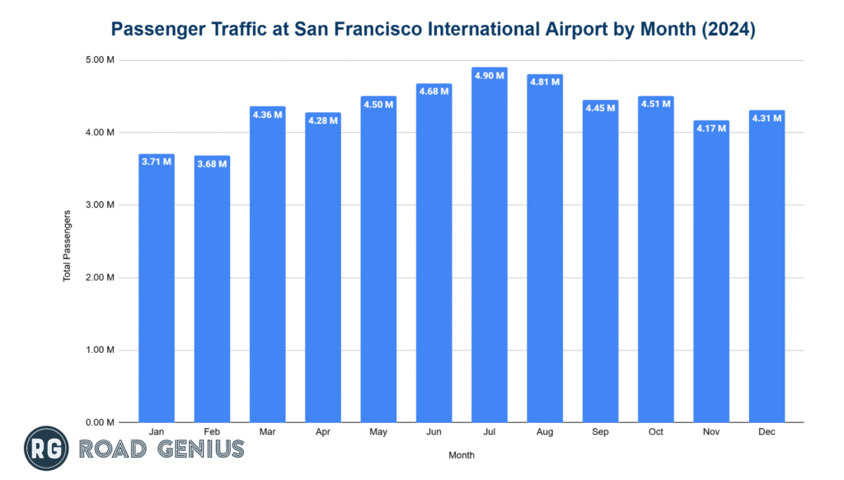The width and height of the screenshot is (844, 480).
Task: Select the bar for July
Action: pos(490,247)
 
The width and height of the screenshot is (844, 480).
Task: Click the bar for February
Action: pos(212,289)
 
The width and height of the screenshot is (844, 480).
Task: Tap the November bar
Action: pos(711,272)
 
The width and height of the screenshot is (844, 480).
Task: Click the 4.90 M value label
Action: pos(490,75)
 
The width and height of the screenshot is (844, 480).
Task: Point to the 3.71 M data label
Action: pos(157,162)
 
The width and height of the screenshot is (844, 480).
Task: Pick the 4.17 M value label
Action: pos(711,128)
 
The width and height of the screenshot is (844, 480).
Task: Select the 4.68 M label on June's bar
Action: pos(434,91)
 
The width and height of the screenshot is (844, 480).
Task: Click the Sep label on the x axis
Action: pos(600,431)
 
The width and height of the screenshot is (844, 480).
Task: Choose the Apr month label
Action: pos(323,431)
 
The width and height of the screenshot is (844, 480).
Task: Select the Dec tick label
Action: pos(767,431)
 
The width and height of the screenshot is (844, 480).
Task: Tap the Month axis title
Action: pos(462,454)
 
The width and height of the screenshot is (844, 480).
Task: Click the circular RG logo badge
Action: pos(47,449)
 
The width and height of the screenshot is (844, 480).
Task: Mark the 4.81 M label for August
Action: pos(545,82)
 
